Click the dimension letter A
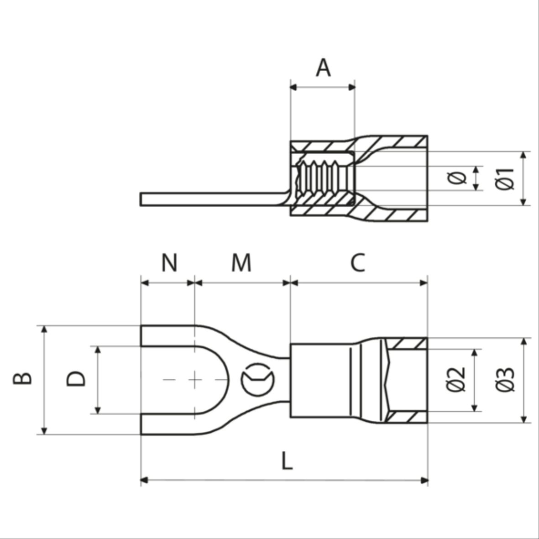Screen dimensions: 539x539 pos(323,68)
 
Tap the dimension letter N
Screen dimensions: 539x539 pos(169,263)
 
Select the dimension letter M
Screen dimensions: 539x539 pos(241,263)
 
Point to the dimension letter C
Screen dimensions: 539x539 pos(358,263)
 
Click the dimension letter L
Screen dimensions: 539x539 pos(286,461)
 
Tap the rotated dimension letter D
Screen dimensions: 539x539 pos(76,379)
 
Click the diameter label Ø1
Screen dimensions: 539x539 pos(505,178)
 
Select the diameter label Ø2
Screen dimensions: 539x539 pos(456,379)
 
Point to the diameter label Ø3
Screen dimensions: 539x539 pos(505,379)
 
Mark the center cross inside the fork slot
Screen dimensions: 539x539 pos(195,379)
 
